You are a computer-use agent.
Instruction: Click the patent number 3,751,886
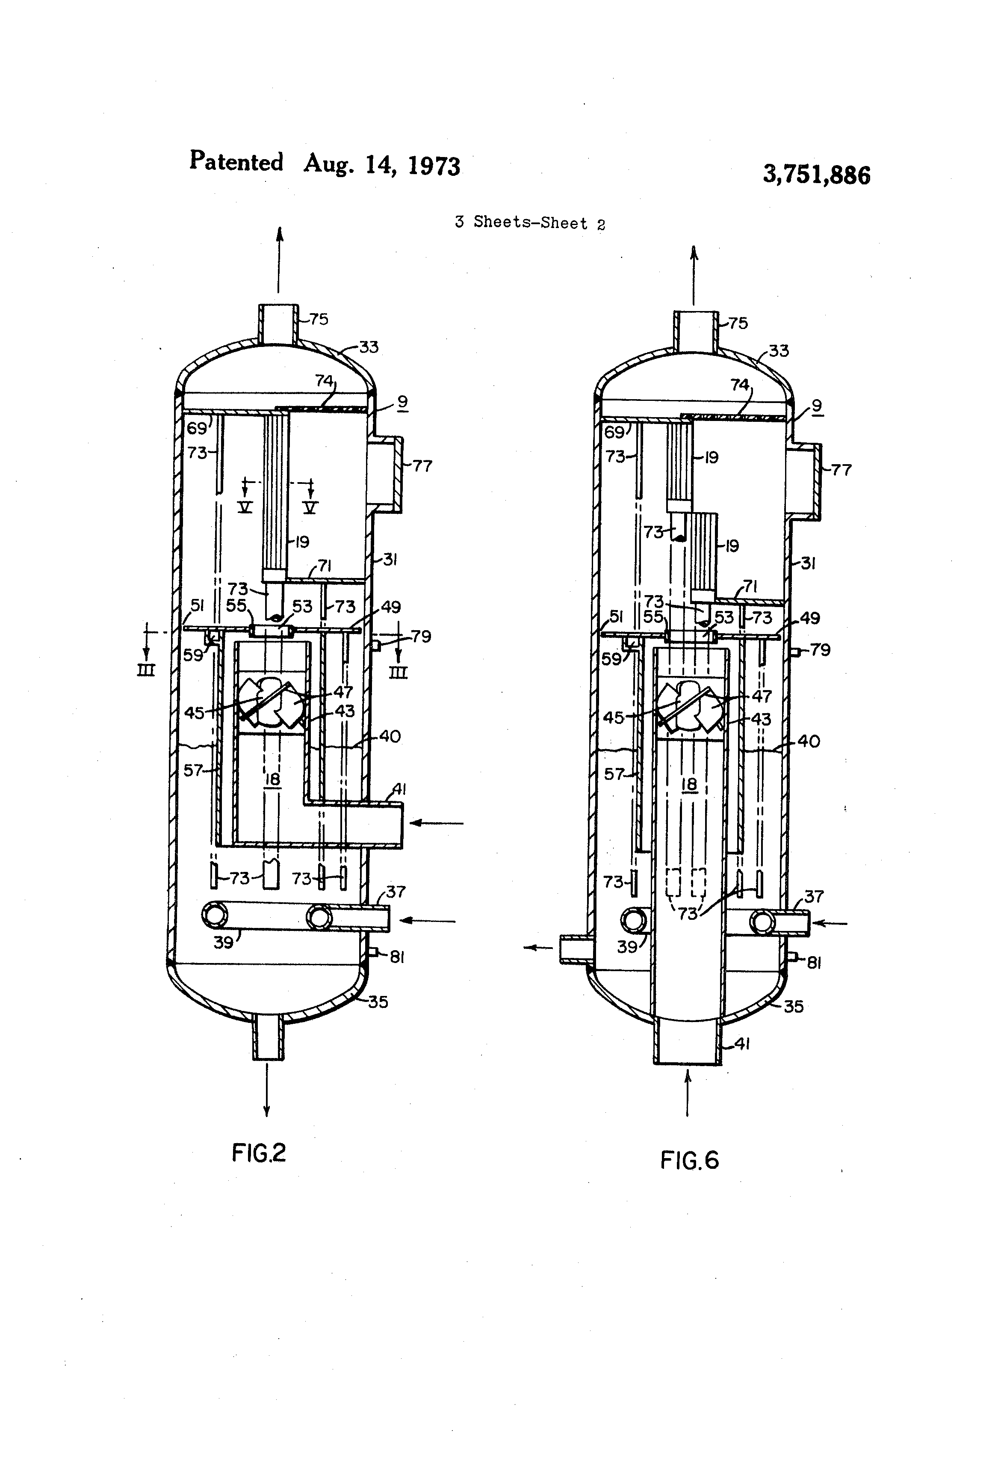pyautogui.click(x=816, y=175)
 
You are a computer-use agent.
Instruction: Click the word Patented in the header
pyautogui.click(x=236, y=161)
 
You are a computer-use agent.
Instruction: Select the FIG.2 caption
pyautogui.click(x=259, y=1152)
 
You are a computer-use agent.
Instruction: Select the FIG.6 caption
pyautogui.click(x=689, y=1160)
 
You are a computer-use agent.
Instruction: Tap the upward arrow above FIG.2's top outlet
pyautogui.click(x=280, y=259)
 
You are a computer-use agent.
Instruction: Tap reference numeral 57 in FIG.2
pyautogui.click(x=193, y=769)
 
